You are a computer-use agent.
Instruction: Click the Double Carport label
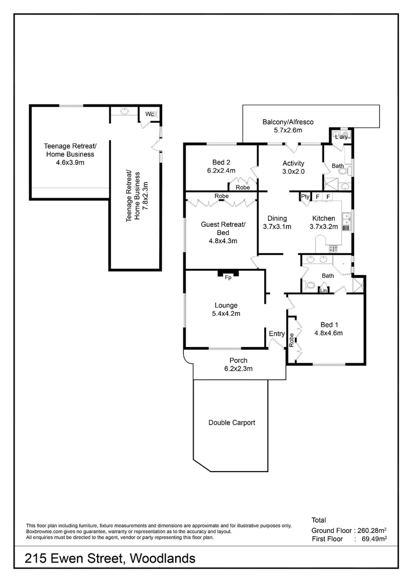pyautogui.click(x=231, y=422)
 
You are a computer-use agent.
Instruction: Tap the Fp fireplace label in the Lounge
pyautogui.click(x=228, y=278)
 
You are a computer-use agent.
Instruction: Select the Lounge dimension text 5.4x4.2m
pyautogui.click(x=225, y=314)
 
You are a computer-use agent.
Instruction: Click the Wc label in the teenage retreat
pyautogui.click(x=149, y=114)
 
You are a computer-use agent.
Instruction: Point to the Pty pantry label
pyautogui.click(x=305, y=197)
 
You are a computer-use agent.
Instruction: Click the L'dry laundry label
pyautogui.click(x=341, y=137)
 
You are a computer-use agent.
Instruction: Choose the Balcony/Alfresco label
pyautogui.click(x=287, y=122)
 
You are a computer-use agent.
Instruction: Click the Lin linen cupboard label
pyautogui.click(x=324, y=290)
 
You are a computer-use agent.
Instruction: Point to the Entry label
pyautogui.click(x=277, y=334)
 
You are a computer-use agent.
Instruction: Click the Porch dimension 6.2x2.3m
pyautogui.click(x=238, y=369)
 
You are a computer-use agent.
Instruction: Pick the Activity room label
pyautogui.click(x=293, y=163)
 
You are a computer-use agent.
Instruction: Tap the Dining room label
pyautogui.click(x=277, y=218)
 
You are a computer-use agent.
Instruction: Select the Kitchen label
pyautogui.click(x=324, y=218)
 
